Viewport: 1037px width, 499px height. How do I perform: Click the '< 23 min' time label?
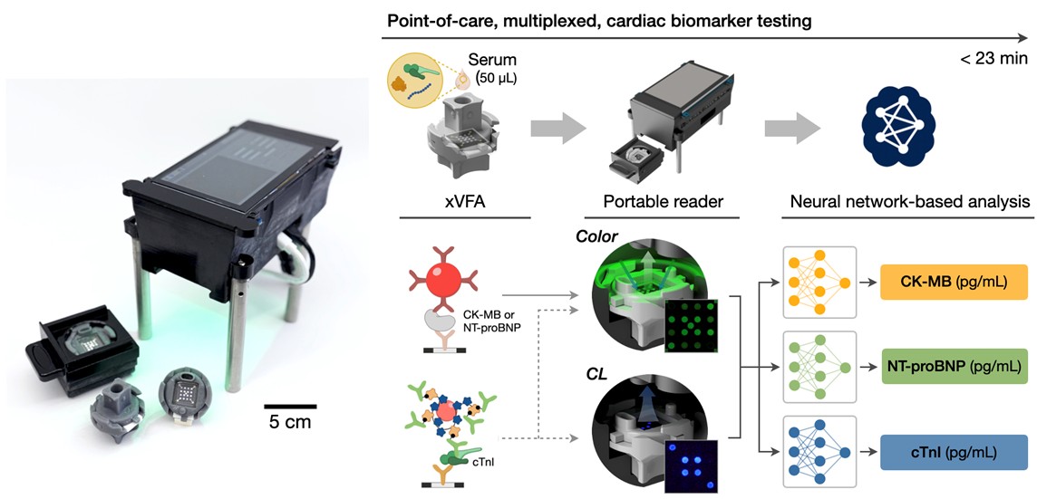(993, 59)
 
